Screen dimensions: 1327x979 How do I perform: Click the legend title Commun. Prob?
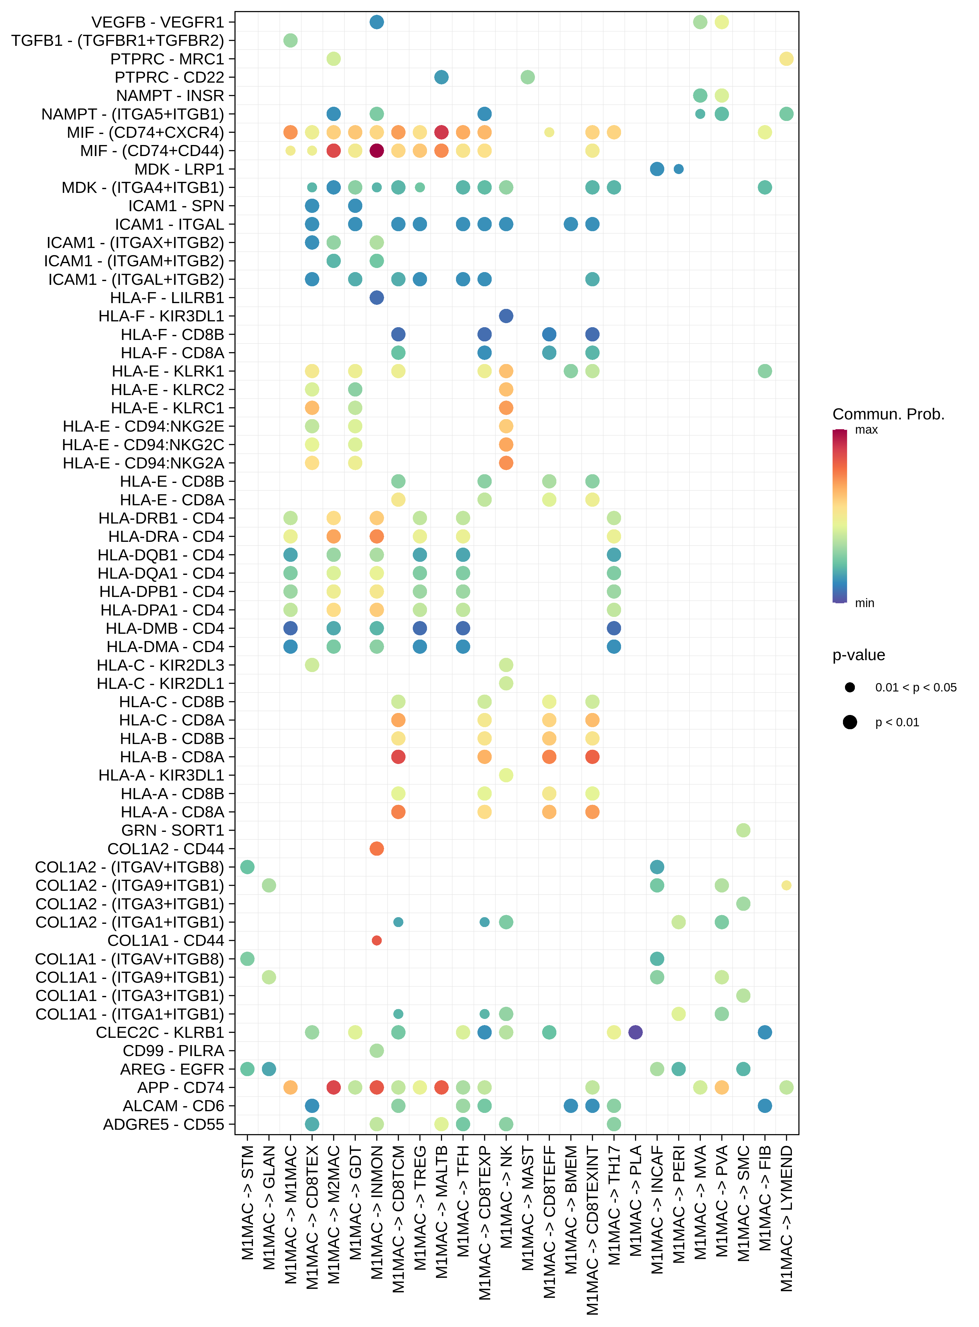click(888, 414)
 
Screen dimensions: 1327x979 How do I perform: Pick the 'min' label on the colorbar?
click(865, 603)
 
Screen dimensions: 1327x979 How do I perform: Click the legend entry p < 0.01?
click(897, 722)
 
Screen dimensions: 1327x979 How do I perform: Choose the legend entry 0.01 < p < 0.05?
click(915, 687)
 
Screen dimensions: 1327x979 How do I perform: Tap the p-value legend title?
click(858, 655)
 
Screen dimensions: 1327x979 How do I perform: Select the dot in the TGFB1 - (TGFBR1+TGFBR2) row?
click(290, 40)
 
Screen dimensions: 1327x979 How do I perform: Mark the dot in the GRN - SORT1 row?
click(743, 830)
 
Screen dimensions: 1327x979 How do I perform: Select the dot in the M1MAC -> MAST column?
click(527, 77)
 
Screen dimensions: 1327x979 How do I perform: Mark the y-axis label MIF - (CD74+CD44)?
click(152, 151)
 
